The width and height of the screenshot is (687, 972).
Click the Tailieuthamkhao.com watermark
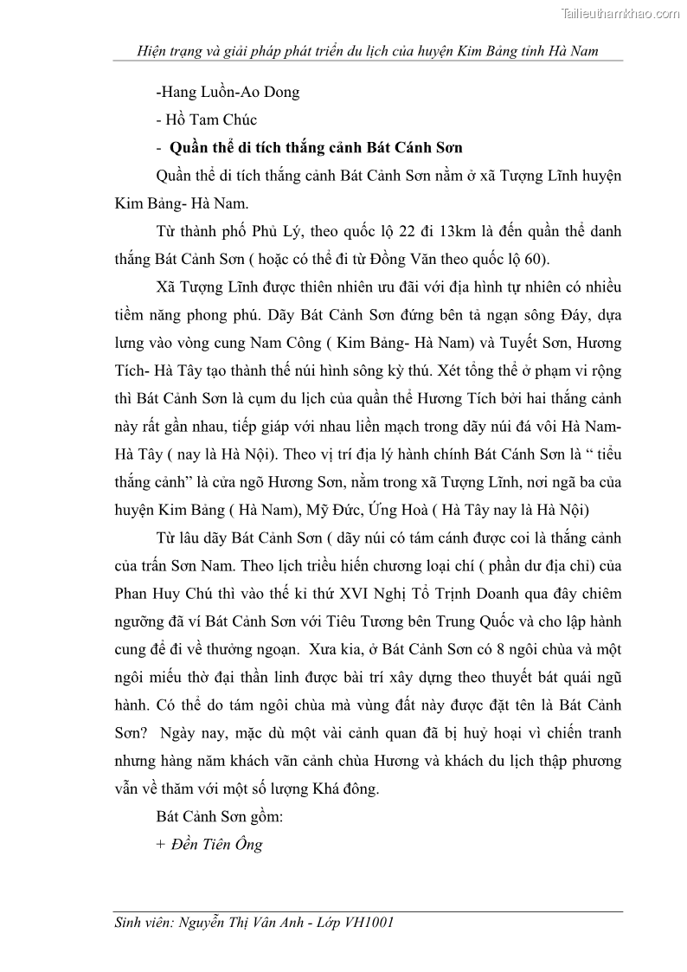621,13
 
